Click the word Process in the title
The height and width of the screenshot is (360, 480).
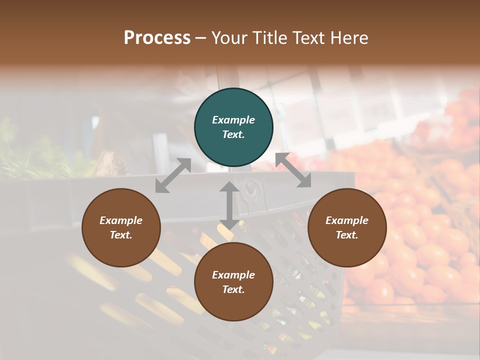[157, 38]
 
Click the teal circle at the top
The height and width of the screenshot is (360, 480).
[233, 127]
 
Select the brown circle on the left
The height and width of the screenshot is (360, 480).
[121, 228]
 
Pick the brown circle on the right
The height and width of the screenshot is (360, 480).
[347, 228]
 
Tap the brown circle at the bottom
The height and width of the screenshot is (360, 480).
[233, 282]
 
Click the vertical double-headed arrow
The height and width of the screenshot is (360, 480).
[229, 205]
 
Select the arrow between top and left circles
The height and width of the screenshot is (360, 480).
[173, 175]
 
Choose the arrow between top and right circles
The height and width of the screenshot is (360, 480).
[293, 170]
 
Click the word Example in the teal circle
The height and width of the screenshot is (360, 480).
[233, 120]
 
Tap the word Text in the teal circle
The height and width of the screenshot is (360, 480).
[233, 135]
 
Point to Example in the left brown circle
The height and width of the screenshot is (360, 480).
[121, 220]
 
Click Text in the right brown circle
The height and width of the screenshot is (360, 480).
[347, 235]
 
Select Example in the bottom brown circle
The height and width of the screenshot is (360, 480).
[233, 275]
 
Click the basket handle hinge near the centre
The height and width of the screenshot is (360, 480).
[248, 189]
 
